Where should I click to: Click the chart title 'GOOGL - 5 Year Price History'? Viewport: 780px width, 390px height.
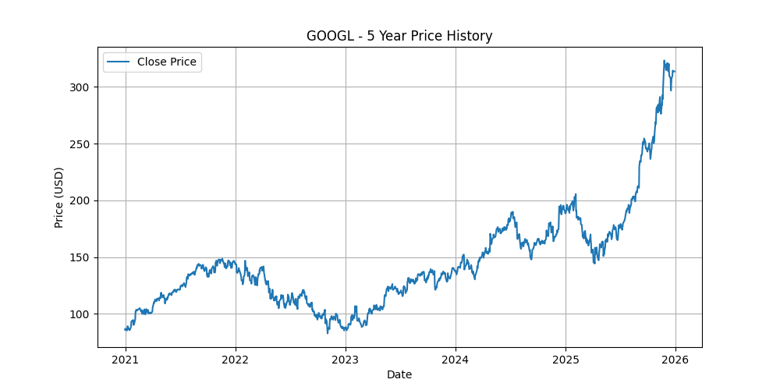point(399,36)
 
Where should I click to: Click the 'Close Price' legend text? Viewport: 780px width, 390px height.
point(167,62)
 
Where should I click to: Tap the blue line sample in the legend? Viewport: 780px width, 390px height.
point(118,62)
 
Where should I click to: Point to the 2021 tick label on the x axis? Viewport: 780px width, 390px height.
point(126,360)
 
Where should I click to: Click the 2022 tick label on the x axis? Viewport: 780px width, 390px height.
point(236,360)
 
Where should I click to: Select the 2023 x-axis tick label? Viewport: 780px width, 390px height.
point(346,360)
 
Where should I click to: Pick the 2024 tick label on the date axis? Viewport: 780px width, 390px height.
point(456,360)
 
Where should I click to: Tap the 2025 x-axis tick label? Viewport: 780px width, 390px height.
point(565,360)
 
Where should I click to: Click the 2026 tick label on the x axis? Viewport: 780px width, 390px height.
point(675,360)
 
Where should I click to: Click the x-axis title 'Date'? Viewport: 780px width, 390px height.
point(399,374)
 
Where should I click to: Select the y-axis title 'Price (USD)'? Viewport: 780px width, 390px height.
point(59,197)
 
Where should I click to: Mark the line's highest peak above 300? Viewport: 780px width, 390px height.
point(664,61)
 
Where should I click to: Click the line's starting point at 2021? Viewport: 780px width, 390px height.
point(126,329)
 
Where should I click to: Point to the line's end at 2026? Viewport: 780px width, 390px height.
point(675,72)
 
